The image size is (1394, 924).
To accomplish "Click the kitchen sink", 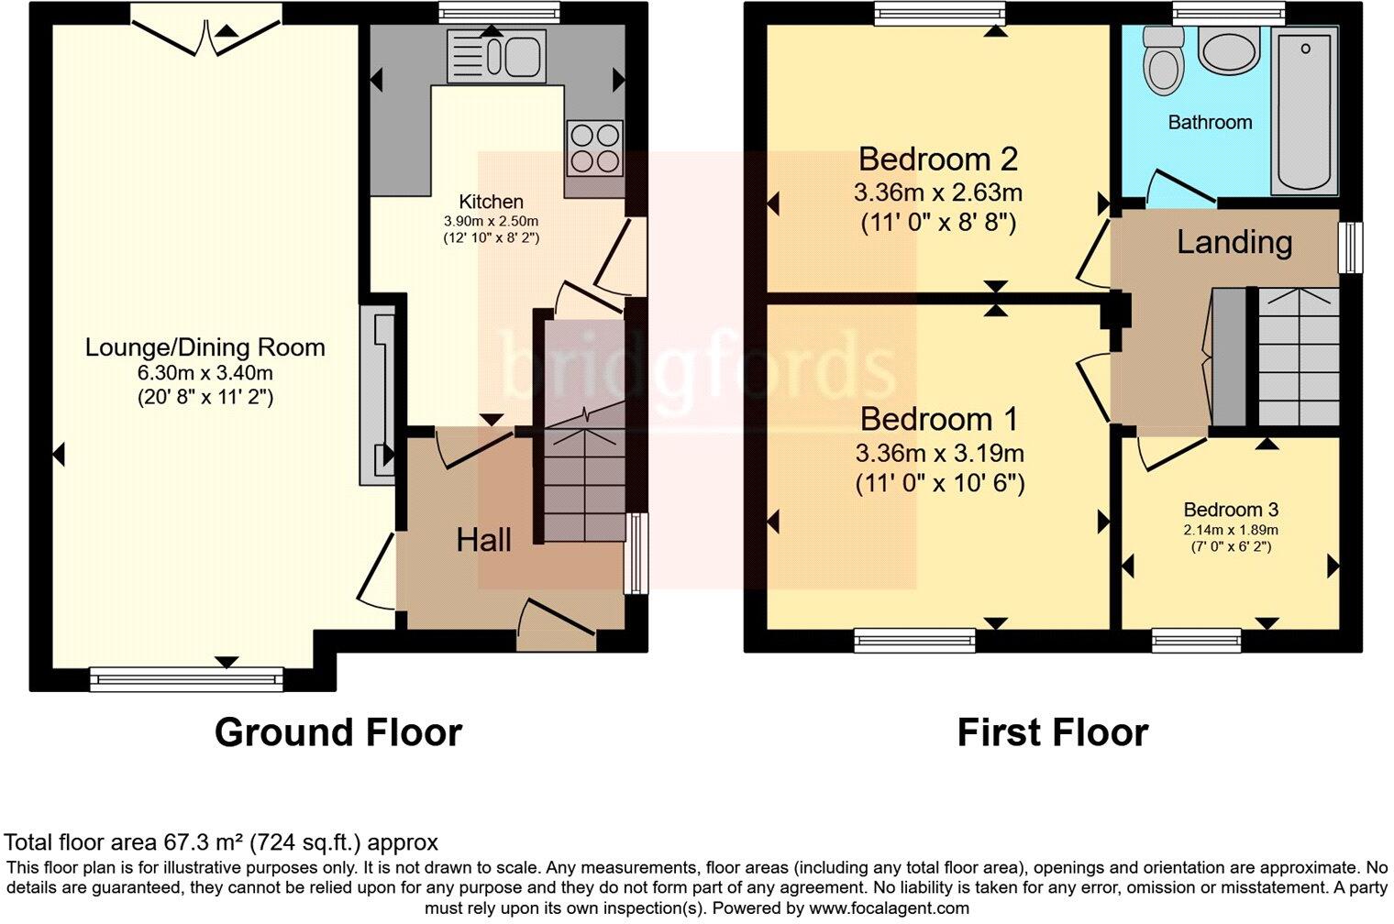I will (x=495, y=55).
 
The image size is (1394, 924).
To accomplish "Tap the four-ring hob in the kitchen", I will (x=594, y=148).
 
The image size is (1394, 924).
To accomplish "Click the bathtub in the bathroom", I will (x=1304, y=108).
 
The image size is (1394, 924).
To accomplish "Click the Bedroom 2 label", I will (x=937, y=159).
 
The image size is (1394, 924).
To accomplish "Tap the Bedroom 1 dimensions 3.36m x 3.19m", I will (x=939, y=454).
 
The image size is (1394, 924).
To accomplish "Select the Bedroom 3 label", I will (x=1230, y=510).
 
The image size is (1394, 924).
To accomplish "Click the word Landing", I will (x=1234, y=242).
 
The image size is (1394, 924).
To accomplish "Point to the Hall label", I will (x=483, y=540).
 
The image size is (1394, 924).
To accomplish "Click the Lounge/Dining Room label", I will (x=205, y=347).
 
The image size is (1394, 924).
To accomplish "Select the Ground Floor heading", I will (x=337, y=732).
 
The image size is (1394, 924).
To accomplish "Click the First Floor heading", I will (x=1052, y=732).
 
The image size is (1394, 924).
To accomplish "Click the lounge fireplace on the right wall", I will (x=378, y=395).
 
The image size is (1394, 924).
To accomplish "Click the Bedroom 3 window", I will (x=1196, y=640).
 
